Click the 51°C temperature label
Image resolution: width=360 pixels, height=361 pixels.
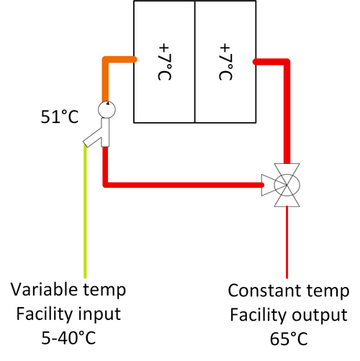pos(60,117)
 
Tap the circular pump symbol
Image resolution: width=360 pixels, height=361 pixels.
pos(107,110)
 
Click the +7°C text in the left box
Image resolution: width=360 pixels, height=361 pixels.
pos(165,62)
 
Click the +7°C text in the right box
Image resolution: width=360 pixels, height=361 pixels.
pos(226,62)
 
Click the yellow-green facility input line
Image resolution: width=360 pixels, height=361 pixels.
pos(85,211)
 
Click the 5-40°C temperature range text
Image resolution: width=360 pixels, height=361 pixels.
pos(68,337)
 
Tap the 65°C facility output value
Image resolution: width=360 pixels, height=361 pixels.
pos(289,339)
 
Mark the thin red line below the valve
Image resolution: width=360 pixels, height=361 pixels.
pos(287,242)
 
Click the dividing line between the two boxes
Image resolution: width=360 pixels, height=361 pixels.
pos(195,62)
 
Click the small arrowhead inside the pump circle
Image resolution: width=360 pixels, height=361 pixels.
pos(108,104)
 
